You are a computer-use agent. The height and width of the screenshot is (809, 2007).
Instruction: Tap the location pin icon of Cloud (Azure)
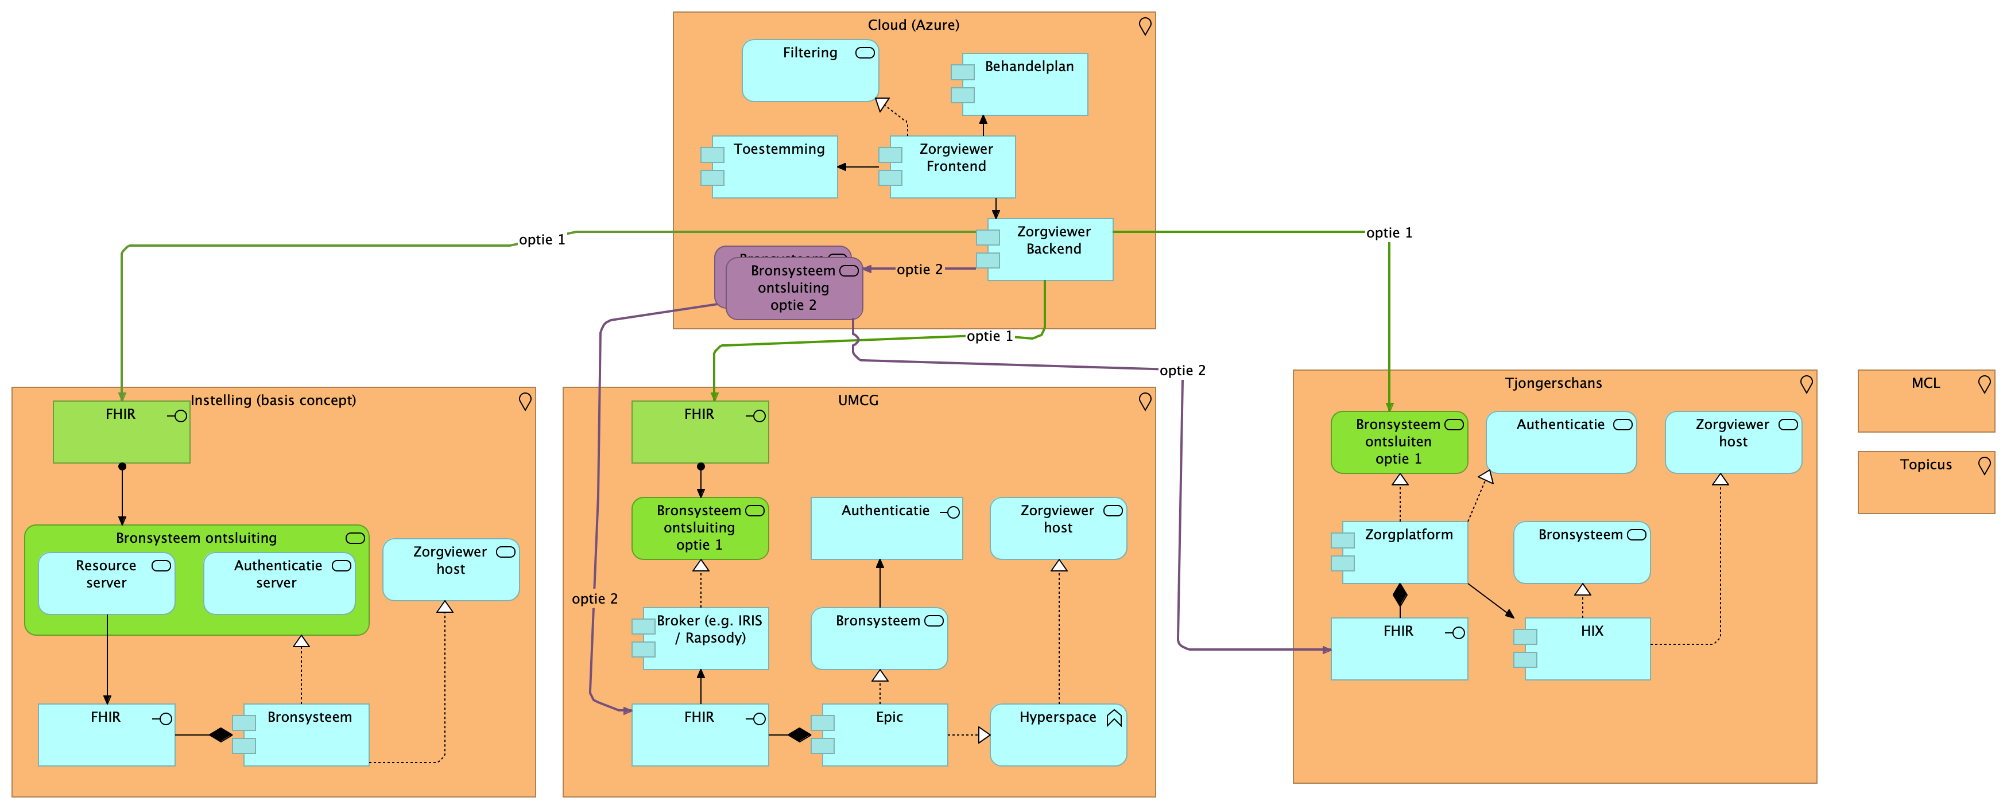coord(1145,26)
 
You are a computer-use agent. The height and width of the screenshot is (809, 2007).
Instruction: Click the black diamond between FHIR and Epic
coord(799,735)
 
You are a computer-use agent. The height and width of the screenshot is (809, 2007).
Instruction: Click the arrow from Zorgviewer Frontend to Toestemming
coord(858,166)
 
